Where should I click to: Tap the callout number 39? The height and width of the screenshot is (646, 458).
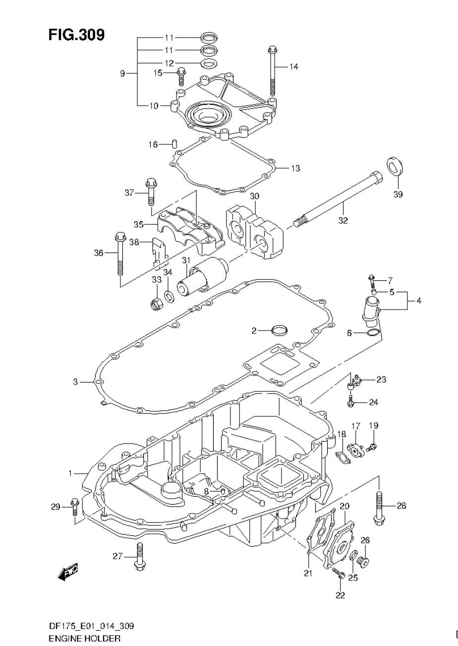coord(398,194)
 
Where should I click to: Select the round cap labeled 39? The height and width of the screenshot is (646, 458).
coord(395,166)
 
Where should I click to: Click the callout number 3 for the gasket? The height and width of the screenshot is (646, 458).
coord(75,382)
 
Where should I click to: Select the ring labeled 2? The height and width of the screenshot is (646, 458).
coord(280,329)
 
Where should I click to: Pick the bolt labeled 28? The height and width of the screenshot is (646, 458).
coord(379,507)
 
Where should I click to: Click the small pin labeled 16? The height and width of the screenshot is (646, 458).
coord(174,144)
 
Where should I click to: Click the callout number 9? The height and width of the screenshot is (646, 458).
coord(122,73)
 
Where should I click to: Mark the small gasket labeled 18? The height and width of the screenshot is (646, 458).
coord(343,457)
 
